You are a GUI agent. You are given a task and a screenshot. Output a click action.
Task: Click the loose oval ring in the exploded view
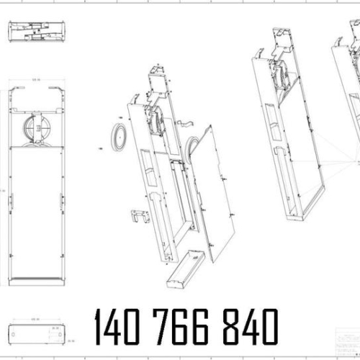tap(117, 135)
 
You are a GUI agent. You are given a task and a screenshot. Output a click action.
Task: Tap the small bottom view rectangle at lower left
tap(37, 333)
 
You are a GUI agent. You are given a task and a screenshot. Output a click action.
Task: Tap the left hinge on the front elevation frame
tap(10, 202)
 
